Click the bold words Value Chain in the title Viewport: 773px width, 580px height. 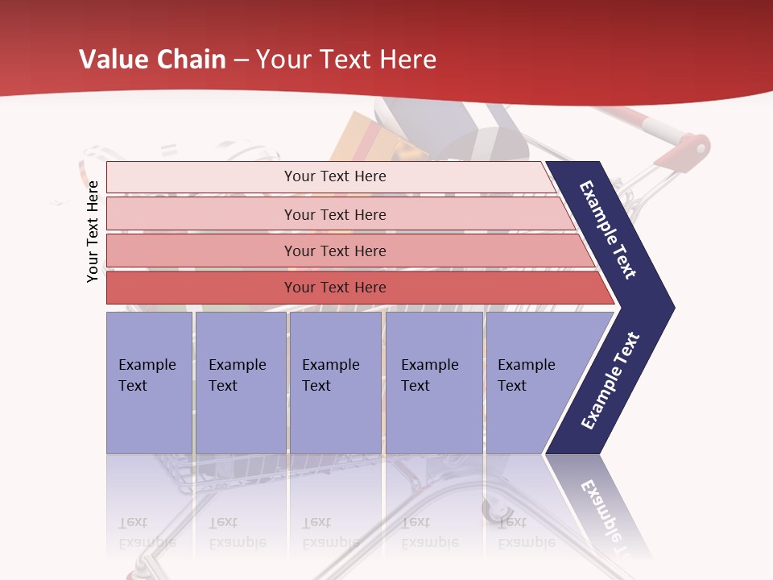pyautogui.click(x=152, y=60)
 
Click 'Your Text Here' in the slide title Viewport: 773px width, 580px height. pyautogui.click(x=346, y=60)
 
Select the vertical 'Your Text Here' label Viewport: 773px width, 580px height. pyautogui.click(x=93, y=231)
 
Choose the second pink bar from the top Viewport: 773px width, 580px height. pyautogui.click(x=335, y=214)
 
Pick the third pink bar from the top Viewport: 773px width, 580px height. pyautogui.click(x=335, y=251)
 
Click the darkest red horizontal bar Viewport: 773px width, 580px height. pyautogui.click(x=335, y=288)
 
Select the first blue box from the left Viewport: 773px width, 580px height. pyautogui.click(x=149, y=383)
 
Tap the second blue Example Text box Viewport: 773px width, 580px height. pyautogui.click(x=240, y=383)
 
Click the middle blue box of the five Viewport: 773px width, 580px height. pyautogui.click(x=335, y=383)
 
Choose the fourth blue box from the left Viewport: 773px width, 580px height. pyautogui.click(x=434, y=383)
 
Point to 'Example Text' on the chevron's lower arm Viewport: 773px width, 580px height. pyautogui.click(x=610, y=380)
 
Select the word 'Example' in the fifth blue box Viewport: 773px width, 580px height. pyautogui.click(x=526, y=365)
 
